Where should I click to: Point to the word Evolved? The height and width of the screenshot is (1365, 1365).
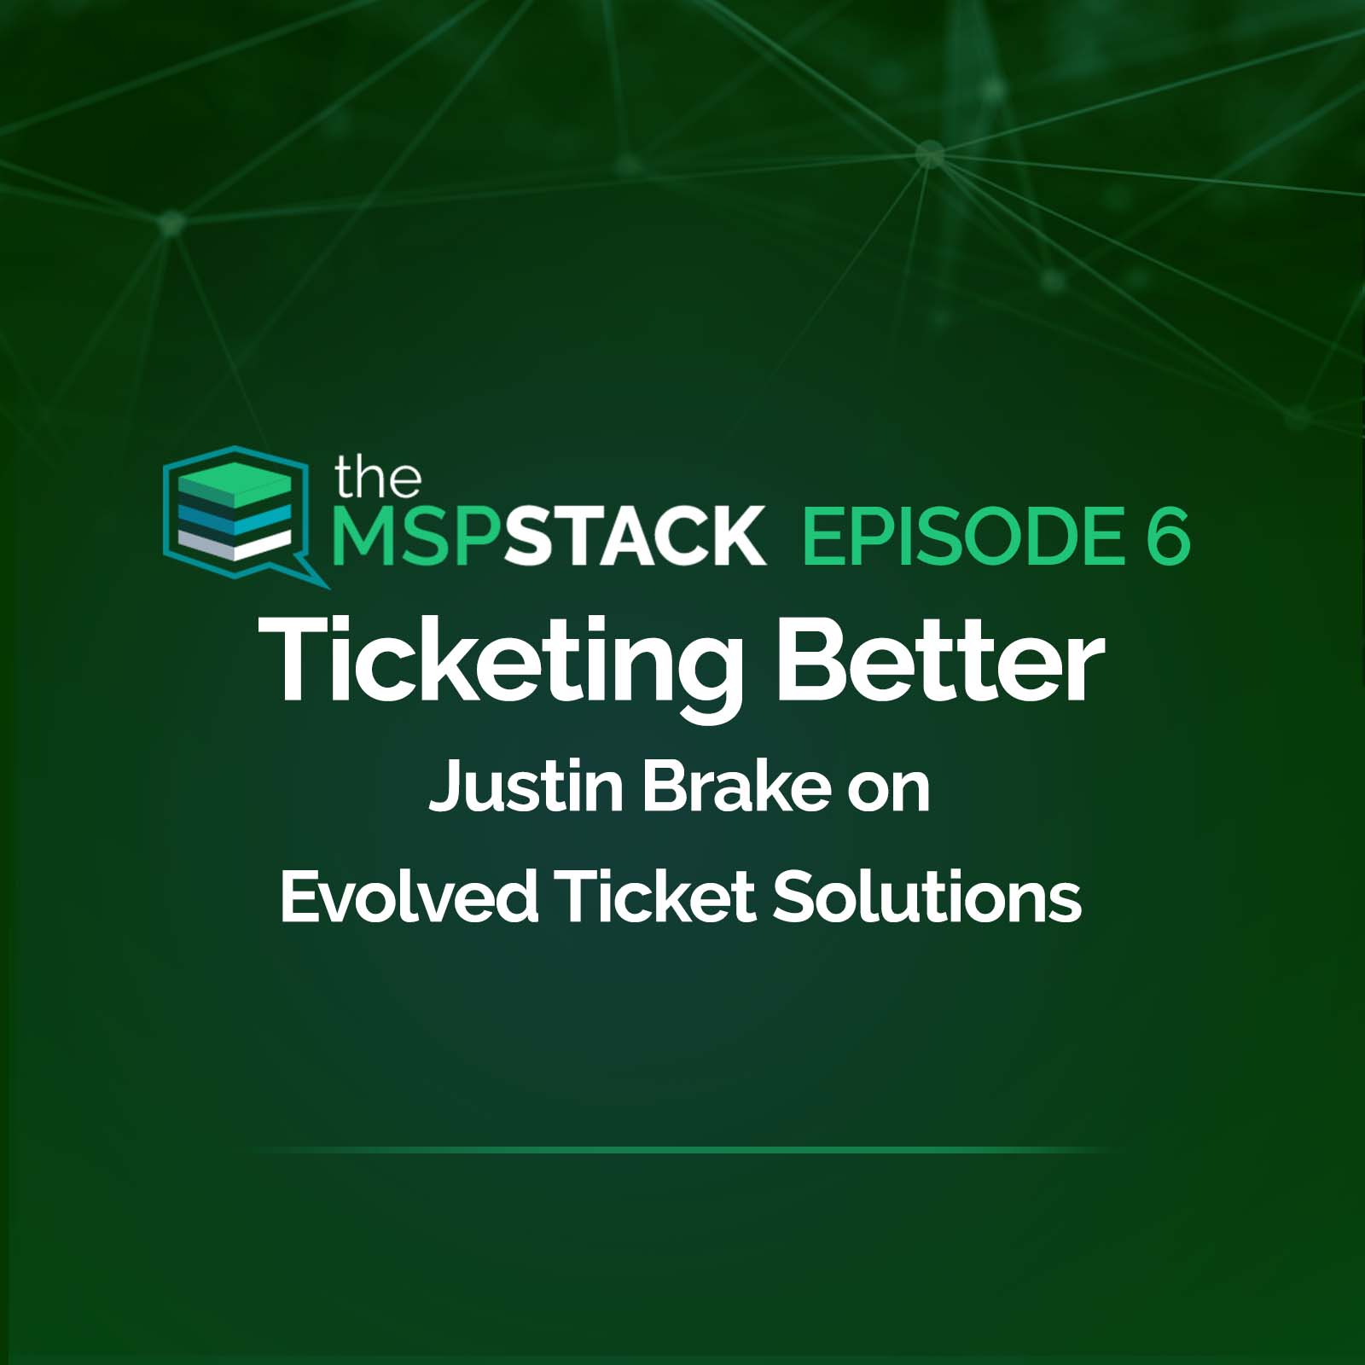pos(409,897)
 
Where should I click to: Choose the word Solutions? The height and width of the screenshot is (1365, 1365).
pos(926,897)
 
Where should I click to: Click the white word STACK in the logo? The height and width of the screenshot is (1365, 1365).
pos(636,536)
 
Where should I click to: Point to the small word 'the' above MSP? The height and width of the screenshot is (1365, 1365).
pos(378,478)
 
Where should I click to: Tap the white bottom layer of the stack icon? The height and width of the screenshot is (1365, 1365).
pos(235,543)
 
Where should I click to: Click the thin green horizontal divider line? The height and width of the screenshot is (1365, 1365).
pos(682,1150)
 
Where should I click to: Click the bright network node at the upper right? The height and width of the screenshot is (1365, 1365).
pos(930,154)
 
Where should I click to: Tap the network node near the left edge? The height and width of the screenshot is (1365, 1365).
pos(171,223)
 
